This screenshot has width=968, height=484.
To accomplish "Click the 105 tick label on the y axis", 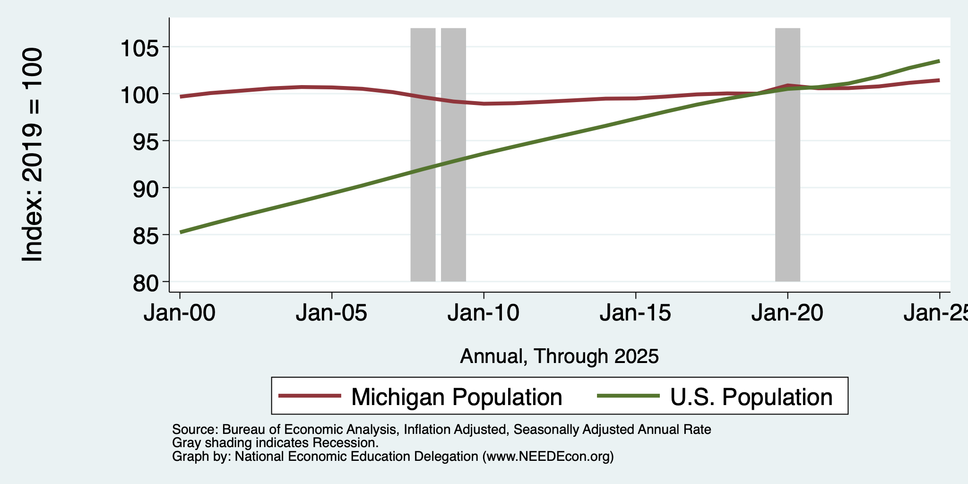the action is (139, 47).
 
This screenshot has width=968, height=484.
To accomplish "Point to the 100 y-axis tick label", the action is (139, 95).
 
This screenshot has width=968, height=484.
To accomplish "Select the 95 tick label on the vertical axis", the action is (145, 141).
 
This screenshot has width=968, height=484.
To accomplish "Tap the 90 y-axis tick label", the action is (145, 188).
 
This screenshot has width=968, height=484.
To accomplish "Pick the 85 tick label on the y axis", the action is (145, 235).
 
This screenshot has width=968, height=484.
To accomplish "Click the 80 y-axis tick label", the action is (145, 283).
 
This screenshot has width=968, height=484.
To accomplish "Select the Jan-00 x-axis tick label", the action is (180, 313).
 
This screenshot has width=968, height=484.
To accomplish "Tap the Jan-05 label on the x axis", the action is (332, 313).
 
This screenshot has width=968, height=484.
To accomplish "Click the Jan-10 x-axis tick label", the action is (484, 313).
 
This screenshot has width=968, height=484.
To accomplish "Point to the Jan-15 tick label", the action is (636, 313).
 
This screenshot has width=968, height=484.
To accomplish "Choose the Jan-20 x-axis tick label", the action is (787, 313).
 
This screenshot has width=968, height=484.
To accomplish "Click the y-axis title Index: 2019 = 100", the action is (33, 155).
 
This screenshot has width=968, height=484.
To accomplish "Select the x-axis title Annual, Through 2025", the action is (559, 356).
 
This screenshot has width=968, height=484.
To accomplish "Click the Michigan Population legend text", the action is (457, 397).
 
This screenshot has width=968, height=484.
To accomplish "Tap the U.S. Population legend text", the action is (752, 397).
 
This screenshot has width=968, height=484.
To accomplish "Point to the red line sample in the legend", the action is (310, 396).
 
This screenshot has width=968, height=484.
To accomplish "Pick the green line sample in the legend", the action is (629, 396).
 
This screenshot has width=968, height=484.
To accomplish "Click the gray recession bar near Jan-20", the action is (787, 155).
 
